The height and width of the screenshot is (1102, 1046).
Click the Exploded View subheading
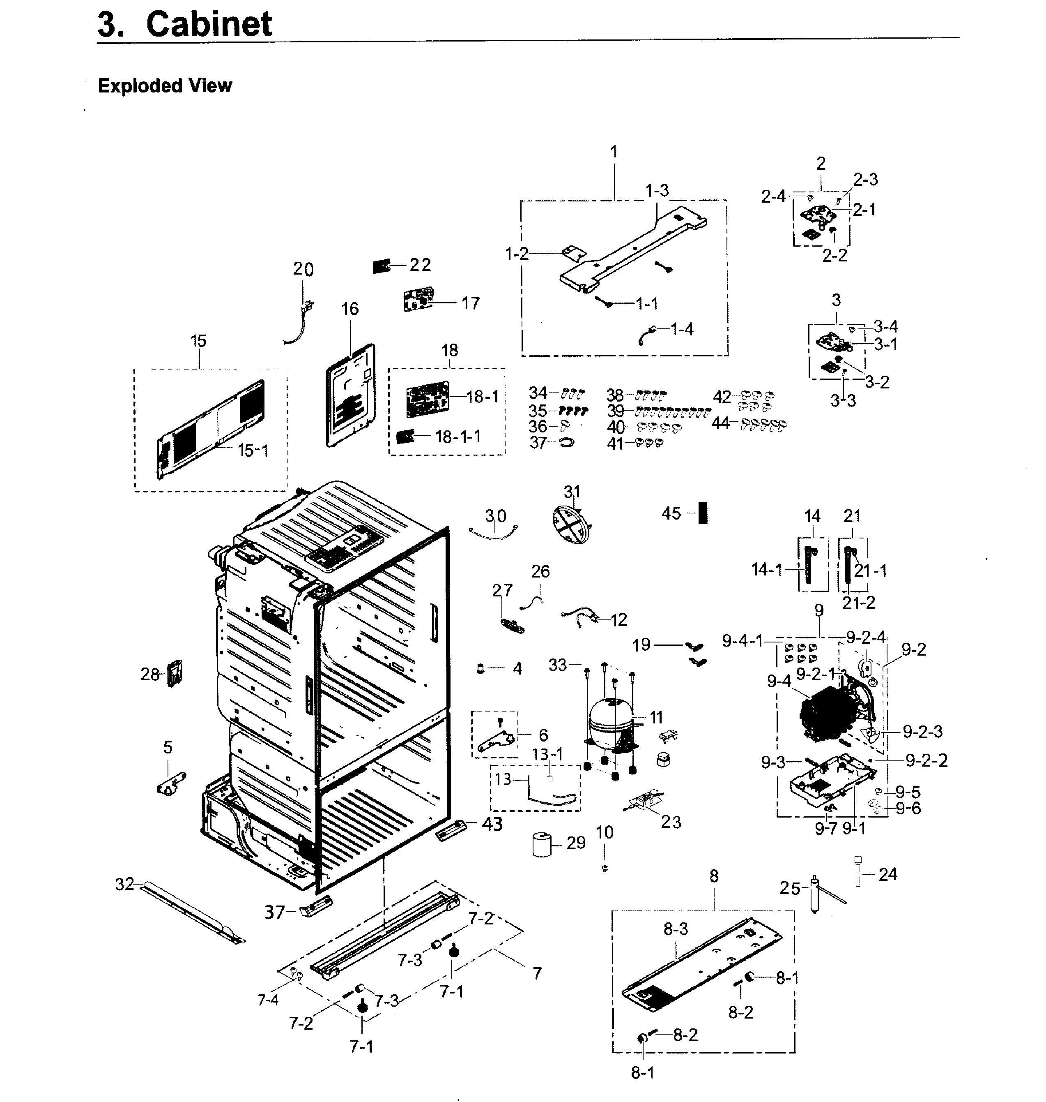(x=165, y=86)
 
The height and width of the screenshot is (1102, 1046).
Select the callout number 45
(x=671, y=513)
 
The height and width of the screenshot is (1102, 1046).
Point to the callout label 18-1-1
(x=458, y=437)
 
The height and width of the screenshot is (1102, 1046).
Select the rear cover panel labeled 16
(x=350, y=395)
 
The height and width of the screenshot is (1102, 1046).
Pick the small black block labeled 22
(x=381, y=266)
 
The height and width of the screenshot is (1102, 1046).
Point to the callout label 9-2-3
(x=922, y=732)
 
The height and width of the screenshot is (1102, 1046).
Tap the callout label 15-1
(x=253, y=450)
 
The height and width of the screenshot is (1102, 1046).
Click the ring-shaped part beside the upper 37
(x=566, y=442)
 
